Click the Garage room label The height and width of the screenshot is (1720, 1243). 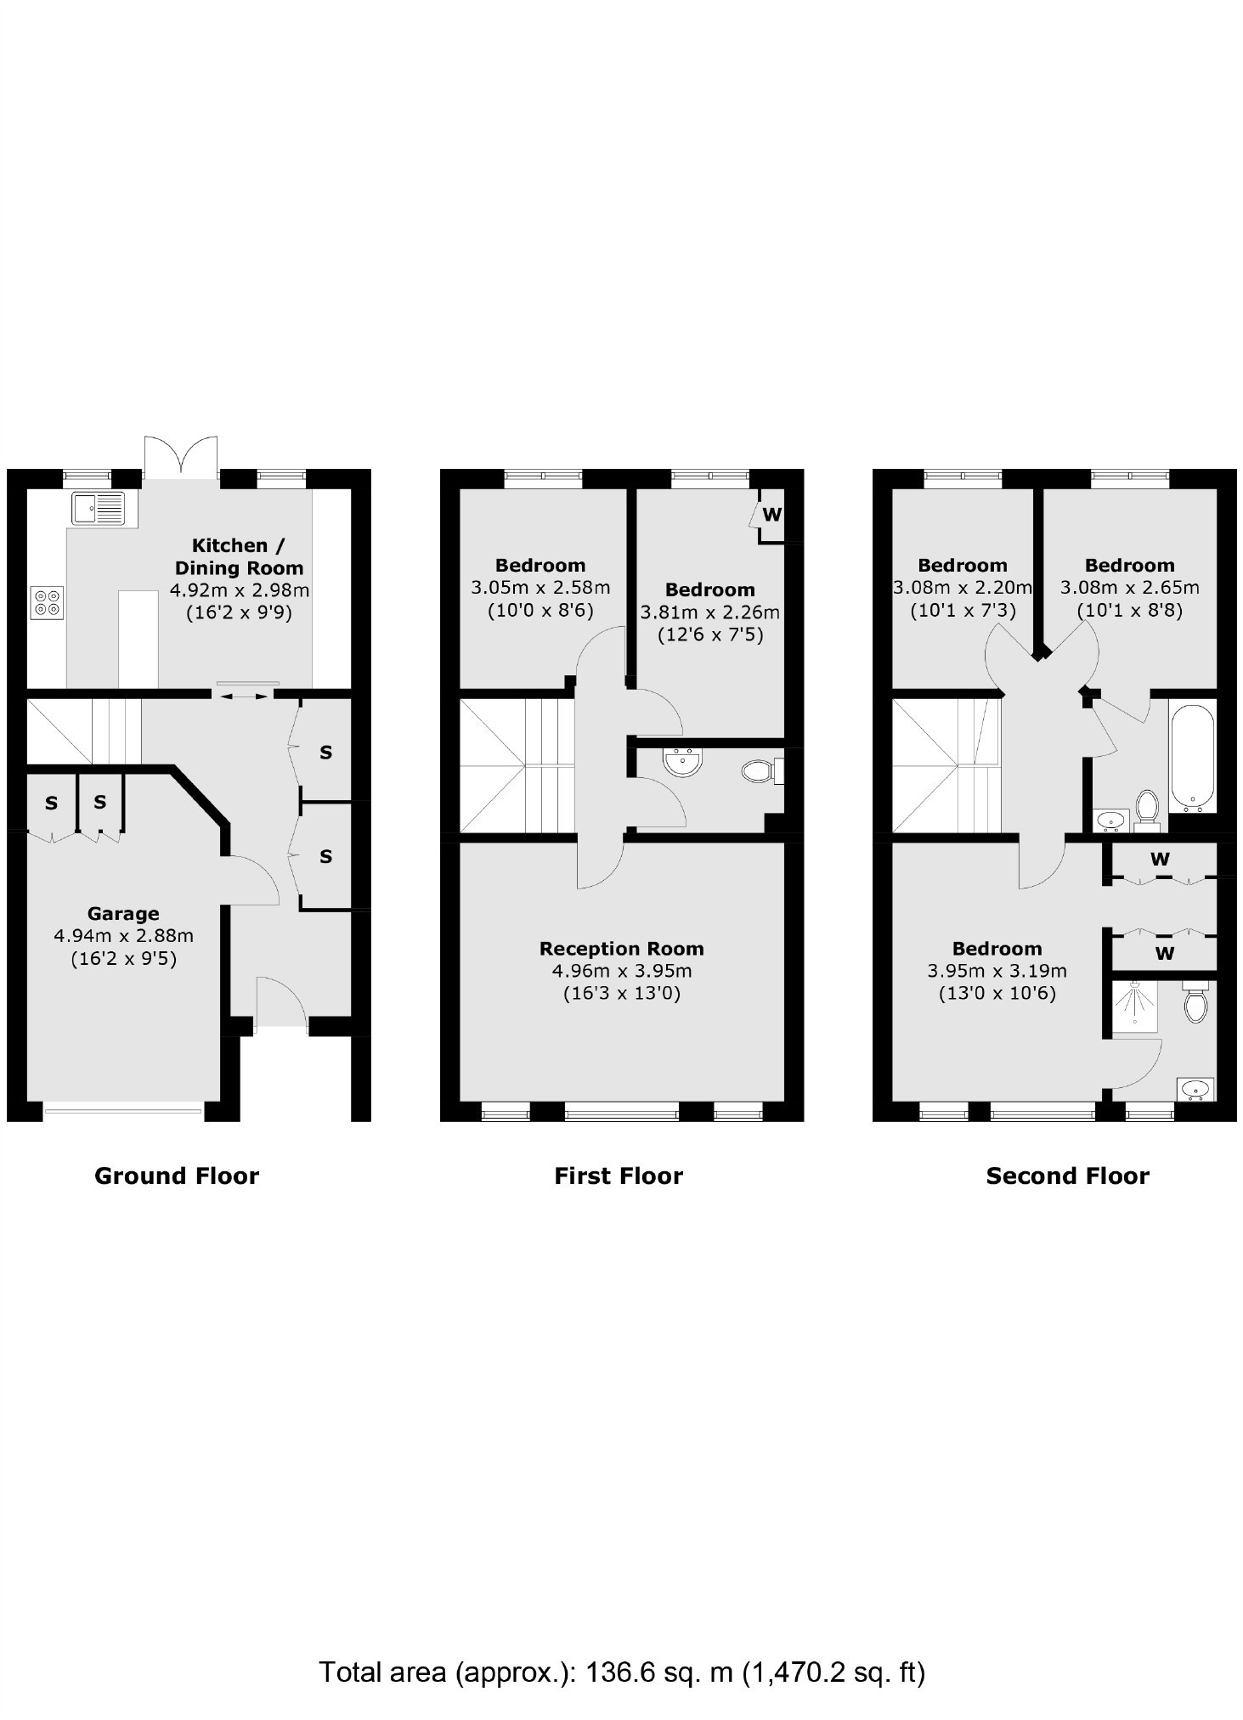click(123, 914)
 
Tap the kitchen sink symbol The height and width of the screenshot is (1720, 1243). click(98, 508)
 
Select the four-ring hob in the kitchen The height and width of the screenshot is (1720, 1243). click(47, 602)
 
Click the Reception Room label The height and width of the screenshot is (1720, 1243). click(621, 949)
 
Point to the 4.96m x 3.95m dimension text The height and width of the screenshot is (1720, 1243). click(621, 971)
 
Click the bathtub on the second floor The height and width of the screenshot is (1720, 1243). click(1193, 757)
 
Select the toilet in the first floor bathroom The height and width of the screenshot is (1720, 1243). click(761, 770)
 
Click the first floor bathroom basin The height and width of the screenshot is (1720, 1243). click(684, 762)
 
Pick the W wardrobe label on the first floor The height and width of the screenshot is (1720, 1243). click(771, 515)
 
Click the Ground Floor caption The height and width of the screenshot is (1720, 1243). click(177, 1176)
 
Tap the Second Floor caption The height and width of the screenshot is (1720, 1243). click(1067, 1176)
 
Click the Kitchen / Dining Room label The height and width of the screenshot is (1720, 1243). click(239, 556)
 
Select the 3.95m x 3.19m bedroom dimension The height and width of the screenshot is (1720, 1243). click(997, 971)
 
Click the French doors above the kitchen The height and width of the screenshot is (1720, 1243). click(180, 457)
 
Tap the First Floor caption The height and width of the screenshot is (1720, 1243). click(619, 1176)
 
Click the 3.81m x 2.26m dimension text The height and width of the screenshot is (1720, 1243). click(709, 612)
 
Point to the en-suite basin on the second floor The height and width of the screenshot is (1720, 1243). click(1195, 1088)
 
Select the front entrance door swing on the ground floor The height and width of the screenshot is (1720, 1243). click(281, 1002)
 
